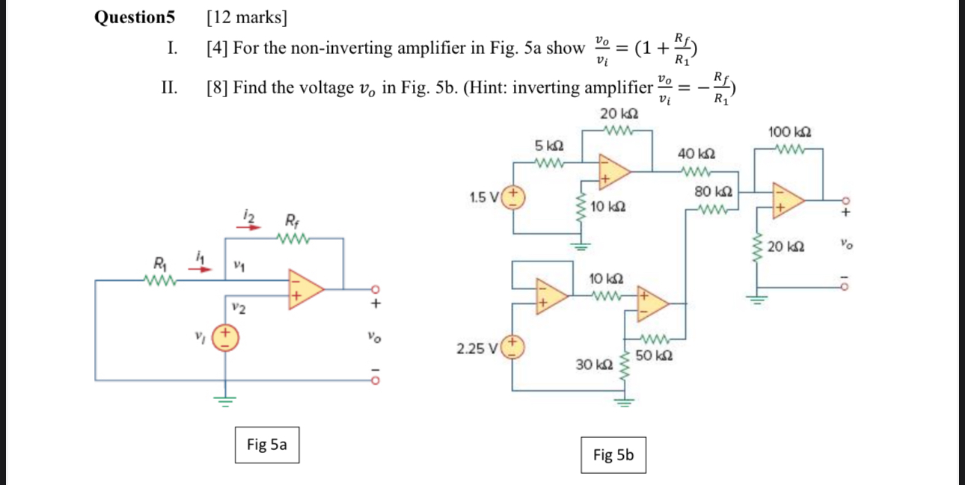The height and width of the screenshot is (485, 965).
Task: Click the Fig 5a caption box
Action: pyautogui.click(x=267, y=445)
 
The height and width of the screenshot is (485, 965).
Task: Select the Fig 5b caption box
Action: pyautogui.click(x=613, y=454)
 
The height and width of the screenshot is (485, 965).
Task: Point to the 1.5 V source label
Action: pyautogui.click(x=484, y=198)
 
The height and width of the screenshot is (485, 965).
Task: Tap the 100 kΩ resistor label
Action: pyautogui.click(x=790, y=132)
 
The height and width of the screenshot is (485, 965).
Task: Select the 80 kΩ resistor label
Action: pyautogui.click(x=714, y=191)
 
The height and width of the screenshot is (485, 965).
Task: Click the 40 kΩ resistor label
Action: pyautogui.click(x=696, y=154)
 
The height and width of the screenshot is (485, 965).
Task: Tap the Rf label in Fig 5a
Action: pyautogui.click(x=290, y=221)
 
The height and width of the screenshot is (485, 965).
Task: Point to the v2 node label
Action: pyautogui.click(x=238, y=307)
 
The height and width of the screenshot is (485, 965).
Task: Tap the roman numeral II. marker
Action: pyautogui.click(x=170, y=88)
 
